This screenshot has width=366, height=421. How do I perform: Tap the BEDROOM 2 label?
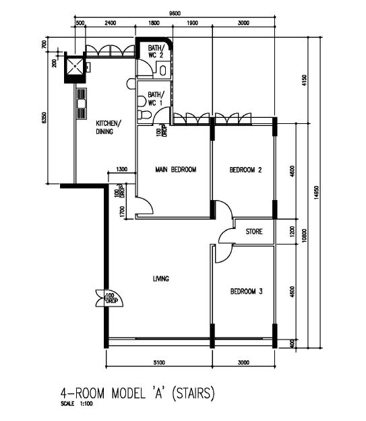click(x=245, y=170)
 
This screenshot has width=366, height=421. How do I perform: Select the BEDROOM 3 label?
click(x=246, y=292)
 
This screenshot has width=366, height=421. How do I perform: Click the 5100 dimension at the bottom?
click(x=159, y=362)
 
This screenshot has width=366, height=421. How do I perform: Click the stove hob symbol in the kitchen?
click(x=82, y=103)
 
